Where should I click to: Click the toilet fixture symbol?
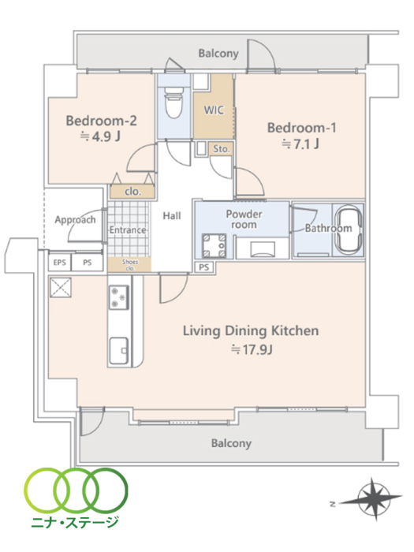tap(174, 101)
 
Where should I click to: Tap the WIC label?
tap(214, 110)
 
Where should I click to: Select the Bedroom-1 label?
tap(302, 128)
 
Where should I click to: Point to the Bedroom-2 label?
tap(102, 121)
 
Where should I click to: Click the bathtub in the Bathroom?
tap(349, 229)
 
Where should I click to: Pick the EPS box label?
tap(59, 263)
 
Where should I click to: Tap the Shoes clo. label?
tap(130, 265)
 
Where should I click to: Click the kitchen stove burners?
tap(118, 297)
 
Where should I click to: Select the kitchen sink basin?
tap(118, 351)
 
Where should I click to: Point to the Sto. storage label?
tap(221, 149)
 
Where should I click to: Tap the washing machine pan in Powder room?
tap(214, 246)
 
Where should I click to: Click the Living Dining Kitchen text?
tap(251, 331)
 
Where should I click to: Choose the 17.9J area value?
tap(252, 349)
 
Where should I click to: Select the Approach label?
tap(75, 220)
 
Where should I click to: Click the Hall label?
tap(172, 216)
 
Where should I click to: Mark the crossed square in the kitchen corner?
tap(61, 288)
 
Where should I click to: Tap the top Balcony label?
tap(218, 54)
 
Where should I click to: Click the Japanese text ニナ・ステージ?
tap(75, 522)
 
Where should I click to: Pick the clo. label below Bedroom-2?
tap(132, 192)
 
